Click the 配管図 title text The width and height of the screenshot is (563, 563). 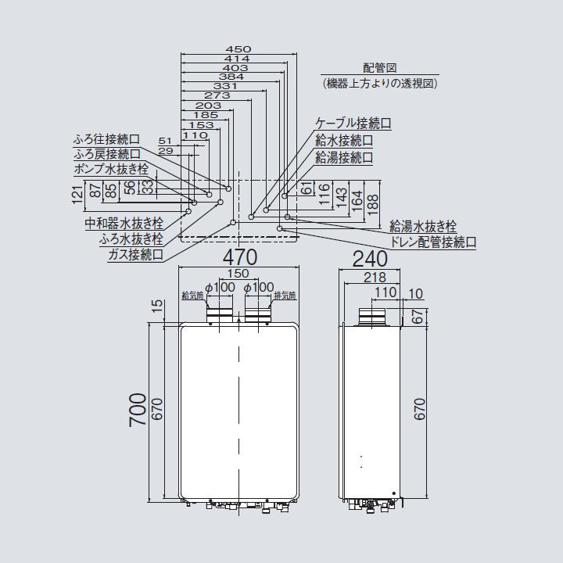(x=379, y=69)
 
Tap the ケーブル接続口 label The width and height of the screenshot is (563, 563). (x=353, y=124)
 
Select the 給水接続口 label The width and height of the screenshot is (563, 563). (x=344, y=141)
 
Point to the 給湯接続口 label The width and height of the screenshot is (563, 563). (x=344, y=157)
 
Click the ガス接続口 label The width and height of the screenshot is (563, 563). (x=136, y=255)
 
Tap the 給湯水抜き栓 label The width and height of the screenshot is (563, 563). (x=423, y=227)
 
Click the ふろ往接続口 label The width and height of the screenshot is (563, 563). (x=106, y=139)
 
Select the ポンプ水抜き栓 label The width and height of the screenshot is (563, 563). (x=109, y=169)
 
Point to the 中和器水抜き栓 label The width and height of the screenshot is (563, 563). (x=124, y=224)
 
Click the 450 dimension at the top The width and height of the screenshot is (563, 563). (x=238, y=48)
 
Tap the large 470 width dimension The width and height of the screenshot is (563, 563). (x=238, y=257)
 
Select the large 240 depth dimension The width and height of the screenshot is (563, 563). (x=370, y=257)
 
